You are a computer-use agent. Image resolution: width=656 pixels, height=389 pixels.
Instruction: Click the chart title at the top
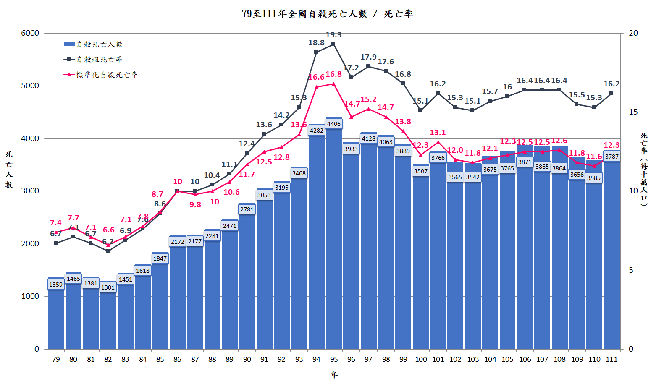pos(328,14)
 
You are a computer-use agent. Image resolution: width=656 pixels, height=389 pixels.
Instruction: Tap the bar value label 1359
pos(56,285)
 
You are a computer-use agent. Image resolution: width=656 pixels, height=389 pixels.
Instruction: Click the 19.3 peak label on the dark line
pos(334,35)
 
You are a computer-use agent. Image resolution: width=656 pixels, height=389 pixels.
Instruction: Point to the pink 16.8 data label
pos(334,74)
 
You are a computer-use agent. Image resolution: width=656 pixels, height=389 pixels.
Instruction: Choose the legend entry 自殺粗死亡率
pos(99,60)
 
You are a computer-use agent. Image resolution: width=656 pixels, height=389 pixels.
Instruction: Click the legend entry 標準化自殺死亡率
pos(107,75)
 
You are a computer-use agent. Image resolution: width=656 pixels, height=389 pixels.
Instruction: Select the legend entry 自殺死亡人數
pos(99,44)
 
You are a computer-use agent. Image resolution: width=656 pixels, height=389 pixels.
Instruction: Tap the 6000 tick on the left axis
pos(30,33)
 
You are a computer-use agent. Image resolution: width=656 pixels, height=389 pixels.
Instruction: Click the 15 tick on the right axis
pos(633,112)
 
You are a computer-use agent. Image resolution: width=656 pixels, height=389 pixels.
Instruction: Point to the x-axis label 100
pos(421,359)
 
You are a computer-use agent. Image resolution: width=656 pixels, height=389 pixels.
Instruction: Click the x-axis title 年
pos(334,375)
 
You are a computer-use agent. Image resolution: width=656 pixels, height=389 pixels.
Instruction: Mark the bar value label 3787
pos(612,157)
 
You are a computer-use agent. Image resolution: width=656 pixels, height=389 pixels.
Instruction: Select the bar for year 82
pos(108,319)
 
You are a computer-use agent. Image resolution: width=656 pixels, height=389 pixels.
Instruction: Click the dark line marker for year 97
pos(368,66)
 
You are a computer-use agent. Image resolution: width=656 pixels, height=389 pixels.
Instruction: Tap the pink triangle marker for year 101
pos(438,142)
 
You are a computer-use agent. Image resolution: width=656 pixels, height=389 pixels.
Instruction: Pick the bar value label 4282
pos(317,131)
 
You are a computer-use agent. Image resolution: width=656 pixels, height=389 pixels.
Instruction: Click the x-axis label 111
pos(612,359)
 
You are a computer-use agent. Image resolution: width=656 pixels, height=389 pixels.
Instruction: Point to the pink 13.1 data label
pos(438,133)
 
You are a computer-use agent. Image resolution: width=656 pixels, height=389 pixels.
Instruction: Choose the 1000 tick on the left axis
pos(30,296)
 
